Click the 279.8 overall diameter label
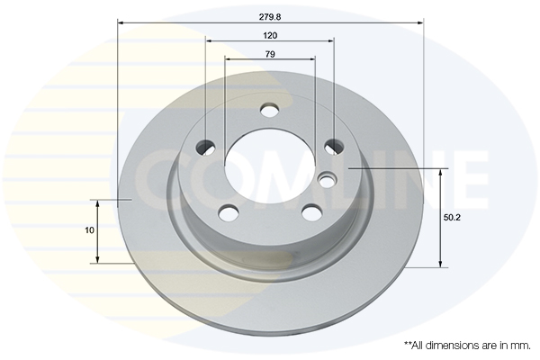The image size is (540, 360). tap(270, 17)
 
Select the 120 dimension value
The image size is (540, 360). tap(270, 35)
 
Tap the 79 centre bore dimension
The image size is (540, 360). tap(270, 54)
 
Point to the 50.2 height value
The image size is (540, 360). tap(452, 218)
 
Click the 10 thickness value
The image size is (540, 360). tap(89, 230)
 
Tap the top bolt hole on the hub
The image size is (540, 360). tap(270, 110)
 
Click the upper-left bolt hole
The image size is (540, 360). tap(205, 147)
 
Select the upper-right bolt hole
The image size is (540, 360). tap(334, 147)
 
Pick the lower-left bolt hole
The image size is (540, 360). tap(229, 211)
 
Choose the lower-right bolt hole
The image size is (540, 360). tap(311, 211)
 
